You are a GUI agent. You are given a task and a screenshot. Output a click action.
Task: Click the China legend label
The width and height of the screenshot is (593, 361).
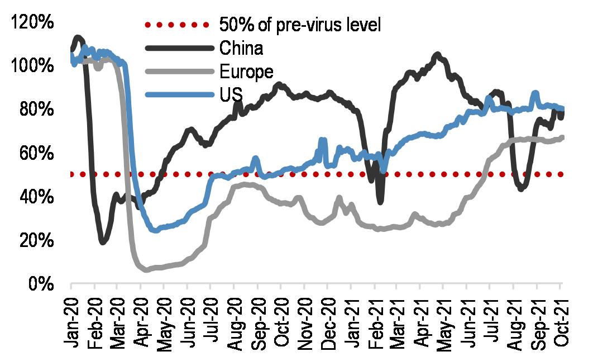click(241, 48)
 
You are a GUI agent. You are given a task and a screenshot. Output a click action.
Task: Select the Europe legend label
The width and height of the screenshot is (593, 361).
click(246, 72)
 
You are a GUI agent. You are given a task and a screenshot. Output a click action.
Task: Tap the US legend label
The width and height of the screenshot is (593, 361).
click(231, 94)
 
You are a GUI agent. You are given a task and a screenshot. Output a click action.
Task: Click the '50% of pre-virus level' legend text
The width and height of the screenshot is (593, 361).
click(300, 25)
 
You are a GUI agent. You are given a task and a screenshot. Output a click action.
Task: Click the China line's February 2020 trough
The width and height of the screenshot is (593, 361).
click(103, 241)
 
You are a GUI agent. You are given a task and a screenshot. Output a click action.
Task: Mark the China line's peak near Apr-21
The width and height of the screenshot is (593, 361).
click(437, 54)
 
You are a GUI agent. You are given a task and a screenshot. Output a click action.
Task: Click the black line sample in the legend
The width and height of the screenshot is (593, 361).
click(179, 48)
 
